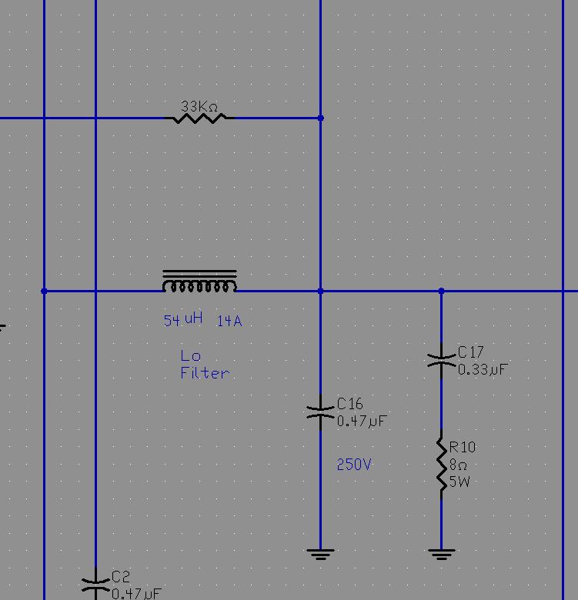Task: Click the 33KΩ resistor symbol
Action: pos(199,118)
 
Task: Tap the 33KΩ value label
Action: pos(199,106)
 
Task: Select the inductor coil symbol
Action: pos(199,282)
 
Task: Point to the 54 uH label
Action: pos(183,319)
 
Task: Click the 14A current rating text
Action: pos(229,321)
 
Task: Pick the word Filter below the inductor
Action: pos(205,373)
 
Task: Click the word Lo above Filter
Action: pos(191,356)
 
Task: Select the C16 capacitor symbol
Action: pos(320,412)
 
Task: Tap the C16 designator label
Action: pos(350,404)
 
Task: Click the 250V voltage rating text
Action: pos(354,464)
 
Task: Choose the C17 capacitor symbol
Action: pos(441,360)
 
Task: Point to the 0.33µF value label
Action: pos(483,370)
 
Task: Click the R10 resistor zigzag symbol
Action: pos(442,464)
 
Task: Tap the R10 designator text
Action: pos(463,447)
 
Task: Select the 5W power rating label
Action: pos(459,482)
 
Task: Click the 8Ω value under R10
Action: pos(458,465)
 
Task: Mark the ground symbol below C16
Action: pos(320,554)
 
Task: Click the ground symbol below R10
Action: pos(442,554)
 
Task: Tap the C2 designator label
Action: pos(121,577)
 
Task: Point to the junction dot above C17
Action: pos(441,291)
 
